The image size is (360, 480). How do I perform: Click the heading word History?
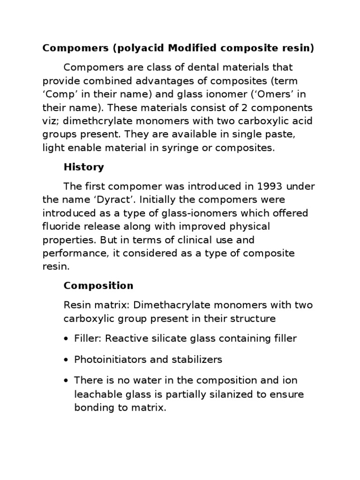(84, 167)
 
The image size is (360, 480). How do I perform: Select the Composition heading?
(98, 286)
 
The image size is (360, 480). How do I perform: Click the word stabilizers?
(199, 360)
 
